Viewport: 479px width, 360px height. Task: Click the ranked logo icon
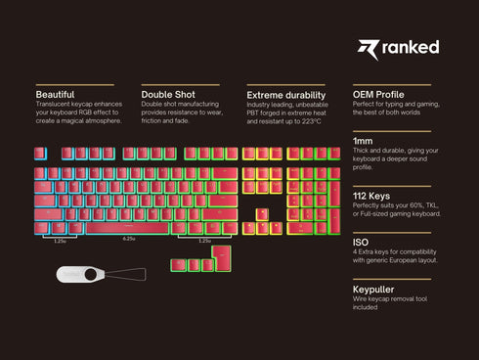[x=366, y=48]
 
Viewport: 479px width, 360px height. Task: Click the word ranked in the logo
[x=413, y=48]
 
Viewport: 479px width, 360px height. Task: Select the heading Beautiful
[x=56, y=94]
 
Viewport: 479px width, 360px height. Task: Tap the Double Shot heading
[x=168, y=94]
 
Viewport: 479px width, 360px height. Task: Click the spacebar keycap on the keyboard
[x=129, y=228]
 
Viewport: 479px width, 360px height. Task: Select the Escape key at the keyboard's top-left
[x=40, y=154]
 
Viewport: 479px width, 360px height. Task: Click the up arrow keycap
[x=263, y=214]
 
